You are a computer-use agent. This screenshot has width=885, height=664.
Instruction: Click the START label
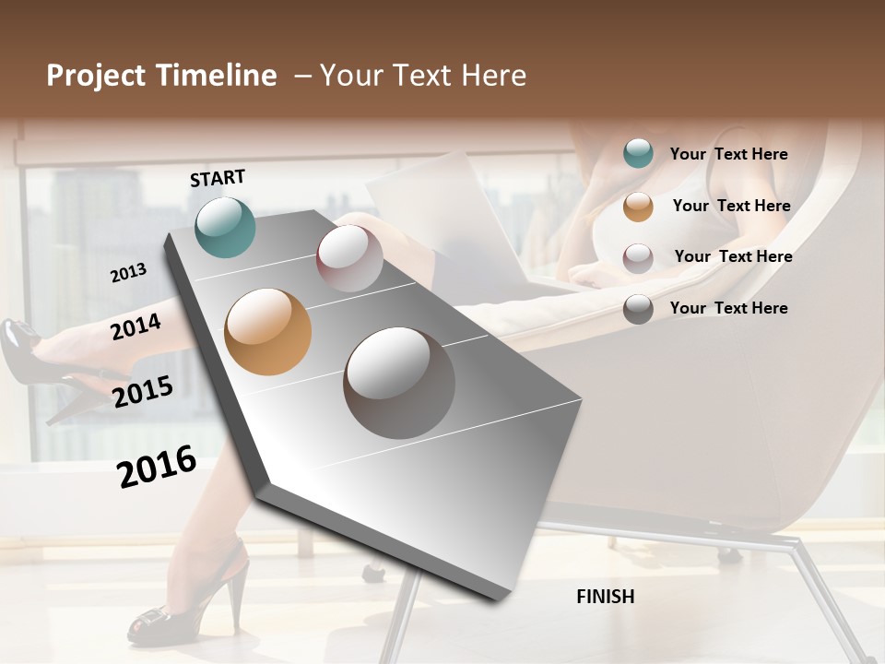pos(218,178)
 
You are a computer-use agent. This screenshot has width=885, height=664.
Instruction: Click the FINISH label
pos(605,597)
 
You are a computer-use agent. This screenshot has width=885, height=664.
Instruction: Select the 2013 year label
pos(128,272)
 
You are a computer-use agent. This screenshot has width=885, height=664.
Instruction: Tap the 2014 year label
pos(136,326)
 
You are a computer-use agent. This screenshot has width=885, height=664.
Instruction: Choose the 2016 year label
pos(157,466)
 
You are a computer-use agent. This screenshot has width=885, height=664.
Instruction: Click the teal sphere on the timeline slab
pos(225,227)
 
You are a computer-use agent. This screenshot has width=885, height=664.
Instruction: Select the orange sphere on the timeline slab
pos(267,332)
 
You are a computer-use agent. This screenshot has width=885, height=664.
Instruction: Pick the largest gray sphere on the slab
pos(399,383)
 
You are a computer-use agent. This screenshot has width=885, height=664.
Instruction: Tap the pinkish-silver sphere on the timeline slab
pos(349,258)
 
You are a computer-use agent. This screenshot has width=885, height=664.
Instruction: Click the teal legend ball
pos(638,154)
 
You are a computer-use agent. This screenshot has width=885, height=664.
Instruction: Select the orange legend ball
pos(638,207)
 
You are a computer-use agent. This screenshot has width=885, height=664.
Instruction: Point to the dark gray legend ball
pos(638,309)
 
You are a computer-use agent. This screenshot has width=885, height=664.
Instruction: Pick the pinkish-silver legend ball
pos(638,257)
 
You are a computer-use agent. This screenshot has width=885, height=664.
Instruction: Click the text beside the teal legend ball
pos(728,154)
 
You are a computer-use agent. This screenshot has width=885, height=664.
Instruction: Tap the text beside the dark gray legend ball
pos(728,308)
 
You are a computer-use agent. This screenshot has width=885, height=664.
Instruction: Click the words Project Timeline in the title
pos(161,76)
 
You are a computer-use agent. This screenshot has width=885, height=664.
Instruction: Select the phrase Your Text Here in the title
pos(423,76)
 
